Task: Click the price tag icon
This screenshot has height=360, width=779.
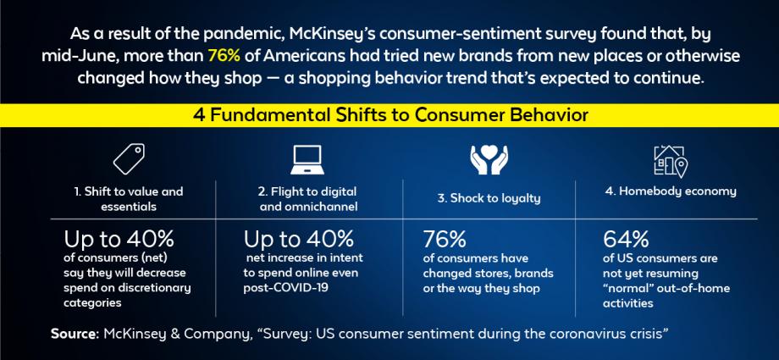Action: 129,158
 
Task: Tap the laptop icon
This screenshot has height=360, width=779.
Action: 307,159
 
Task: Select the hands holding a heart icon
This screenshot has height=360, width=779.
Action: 489,159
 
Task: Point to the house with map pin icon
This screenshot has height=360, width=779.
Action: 671,161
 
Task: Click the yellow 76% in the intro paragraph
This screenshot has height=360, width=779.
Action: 224,56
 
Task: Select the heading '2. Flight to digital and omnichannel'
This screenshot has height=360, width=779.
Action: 308,198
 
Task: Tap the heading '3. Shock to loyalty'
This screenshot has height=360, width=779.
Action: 489,198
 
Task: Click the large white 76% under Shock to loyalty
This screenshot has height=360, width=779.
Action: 445,239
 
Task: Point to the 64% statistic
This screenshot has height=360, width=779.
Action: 626,239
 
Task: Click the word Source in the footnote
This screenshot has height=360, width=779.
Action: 75,334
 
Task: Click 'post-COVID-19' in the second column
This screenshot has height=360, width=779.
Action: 285,289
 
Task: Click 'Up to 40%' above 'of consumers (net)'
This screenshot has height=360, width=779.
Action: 119,239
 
